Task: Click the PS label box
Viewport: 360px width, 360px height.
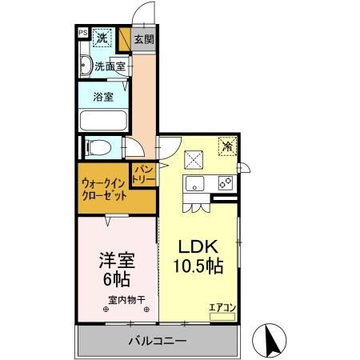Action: (82, 33)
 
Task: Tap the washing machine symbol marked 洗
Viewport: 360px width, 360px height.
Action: (102, 38)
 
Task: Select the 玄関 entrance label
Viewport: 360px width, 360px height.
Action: (144, 39)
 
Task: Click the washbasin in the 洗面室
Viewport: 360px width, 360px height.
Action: (86, 65)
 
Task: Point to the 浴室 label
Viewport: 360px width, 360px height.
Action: (103, 97)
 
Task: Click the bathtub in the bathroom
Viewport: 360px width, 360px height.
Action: (103, 121)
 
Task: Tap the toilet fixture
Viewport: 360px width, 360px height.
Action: (98, 147)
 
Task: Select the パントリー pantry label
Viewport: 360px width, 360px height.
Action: (144, 174)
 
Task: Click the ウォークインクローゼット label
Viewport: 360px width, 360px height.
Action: (104, 190)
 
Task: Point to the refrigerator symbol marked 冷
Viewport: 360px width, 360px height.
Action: (228, 146)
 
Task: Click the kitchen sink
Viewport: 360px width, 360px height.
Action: (195, 183)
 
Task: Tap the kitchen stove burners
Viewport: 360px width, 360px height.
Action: (226, 183)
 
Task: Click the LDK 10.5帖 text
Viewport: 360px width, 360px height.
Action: (198, 256)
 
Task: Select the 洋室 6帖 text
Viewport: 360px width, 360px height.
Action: (117, 269)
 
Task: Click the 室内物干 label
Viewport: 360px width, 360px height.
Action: (126, 300)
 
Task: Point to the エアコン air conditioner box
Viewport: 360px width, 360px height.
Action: (222, 317)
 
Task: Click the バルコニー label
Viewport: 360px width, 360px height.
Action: (158, 341)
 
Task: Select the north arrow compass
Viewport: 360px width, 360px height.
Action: (269, 341)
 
